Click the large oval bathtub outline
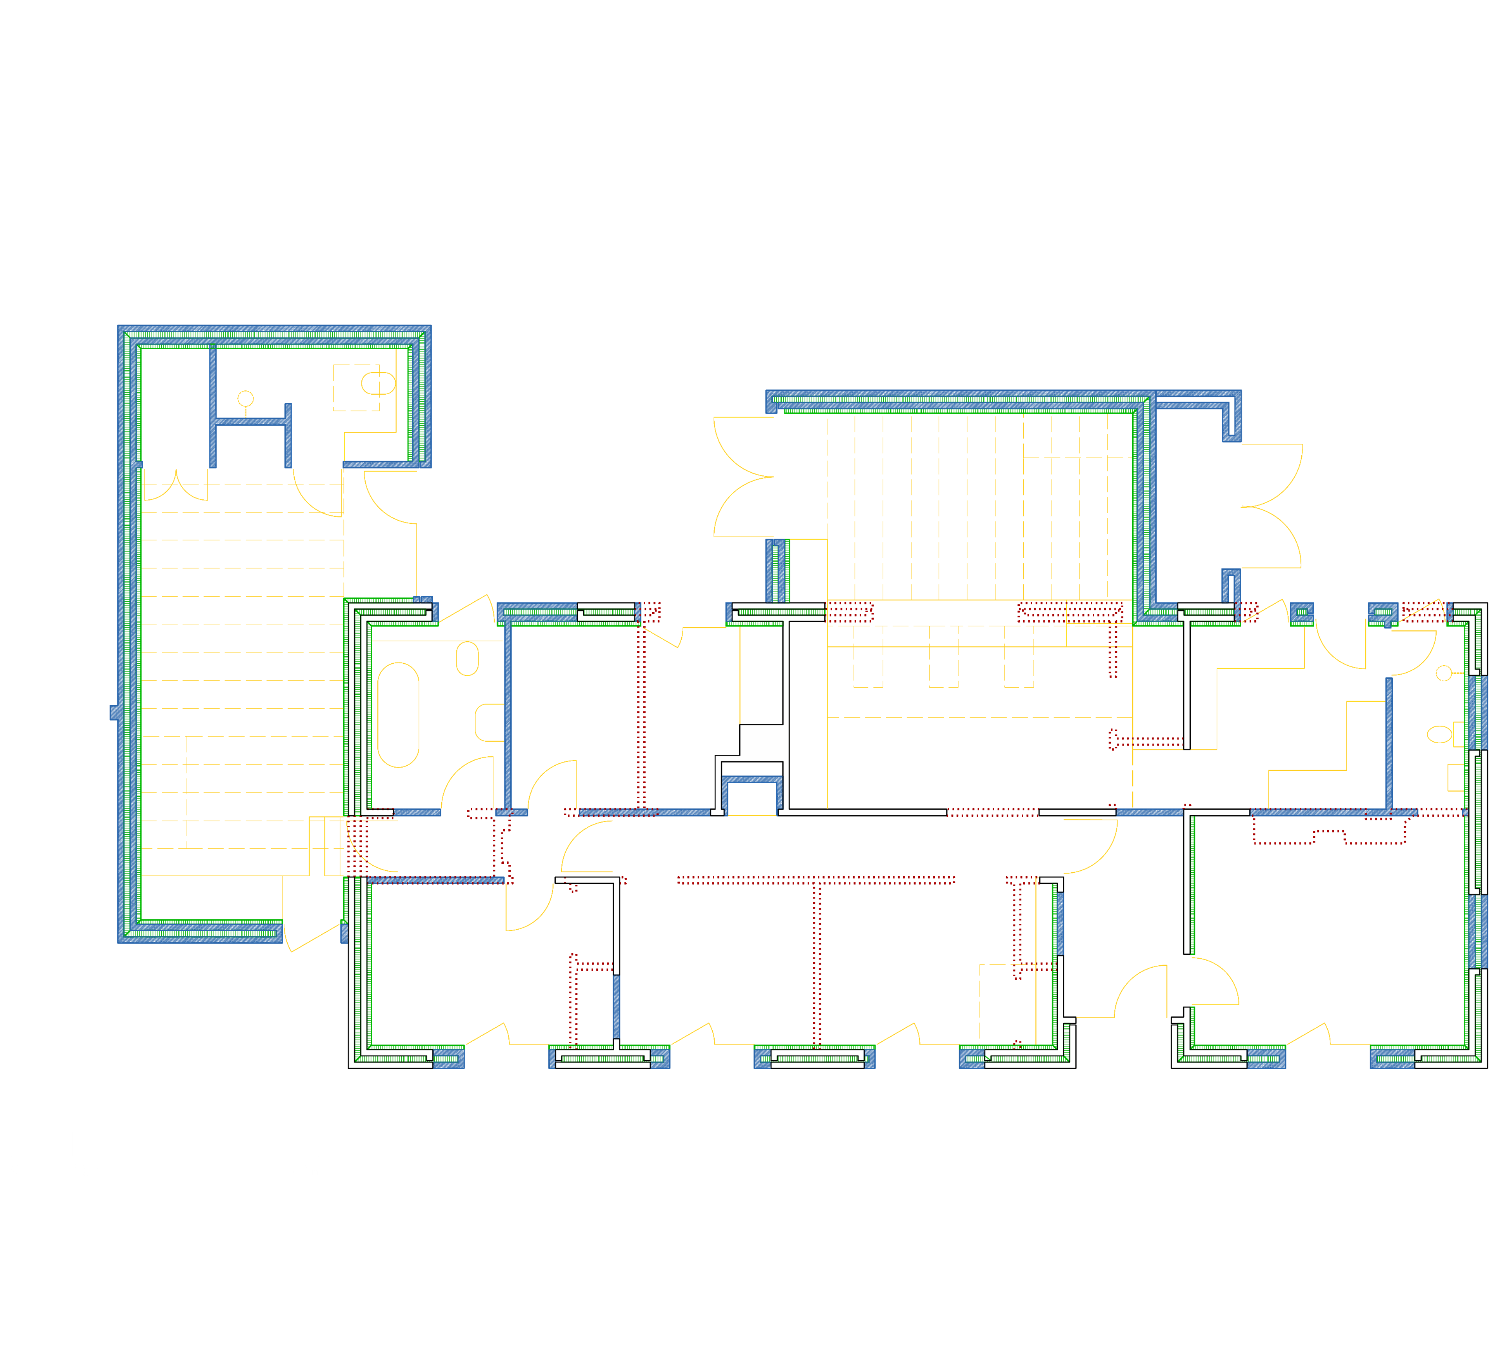coord(398,715)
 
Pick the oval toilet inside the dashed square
coord(377,384)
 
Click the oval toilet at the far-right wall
coord(1439,734)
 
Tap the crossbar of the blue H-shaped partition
coord(250,421)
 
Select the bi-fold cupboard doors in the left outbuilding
coord(176,487)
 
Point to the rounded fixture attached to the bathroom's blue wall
coord(489,722)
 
